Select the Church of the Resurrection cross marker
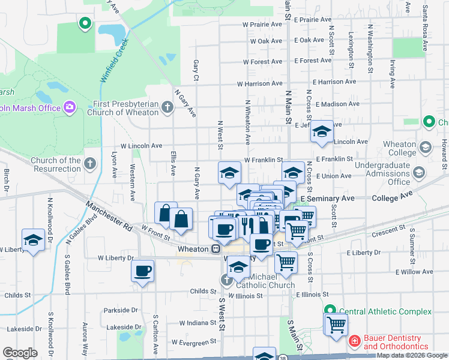tap(89, 163)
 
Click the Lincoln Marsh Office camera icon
tap(70, 107)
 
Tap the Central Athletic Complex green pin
tap(330, 311)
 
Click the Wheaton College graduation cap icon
tap(425, 147)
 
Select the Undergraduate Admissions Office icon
tap(418, 173)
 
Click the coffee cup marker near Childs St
tap(142, 271)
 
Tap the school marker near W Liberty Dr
tap(34, 239)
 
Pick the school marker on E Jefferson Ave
tap(322, 131)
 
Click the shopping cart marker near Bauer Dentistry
tap(336, 324)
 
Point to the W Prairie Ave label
tap(262, 25)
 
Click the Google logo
tap(20, 353)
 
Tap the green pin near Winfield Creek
tap(85, 23)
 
